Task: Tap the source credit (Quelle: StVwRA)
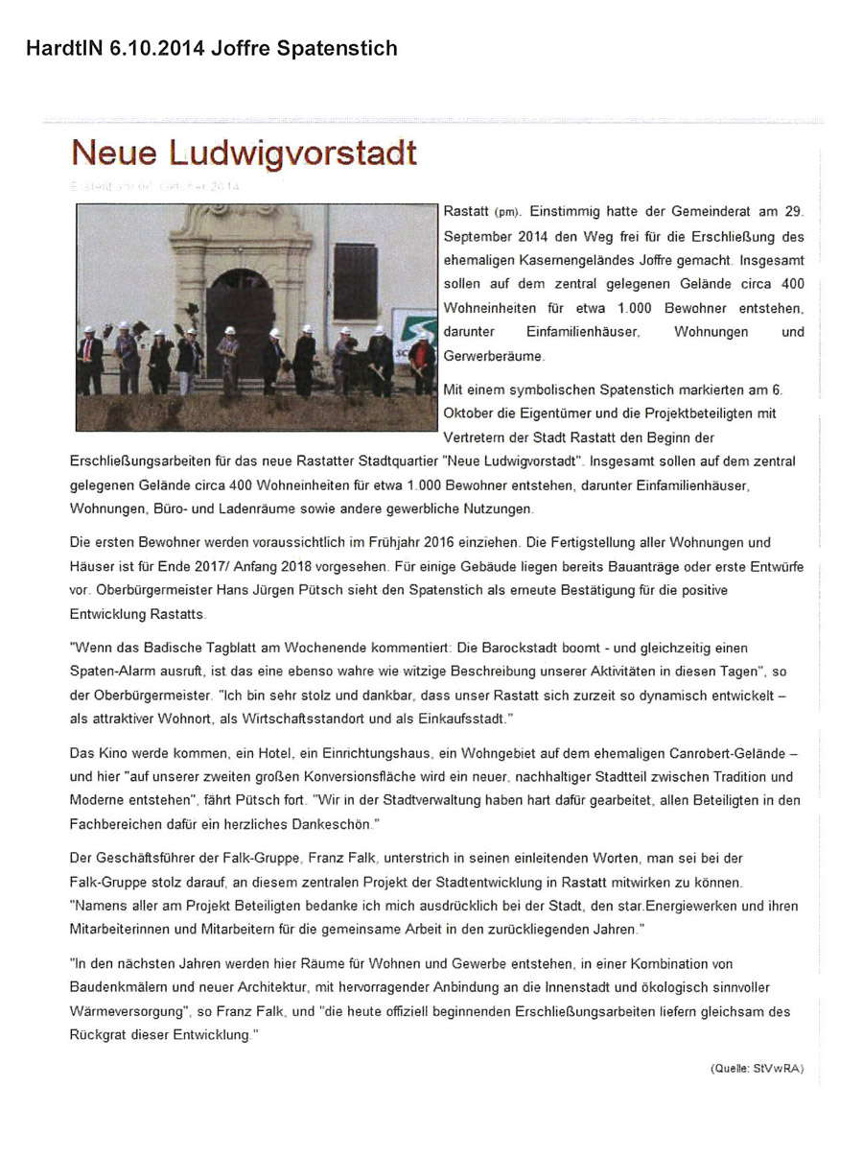762,1067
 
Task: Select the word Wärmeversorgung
125,1010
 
